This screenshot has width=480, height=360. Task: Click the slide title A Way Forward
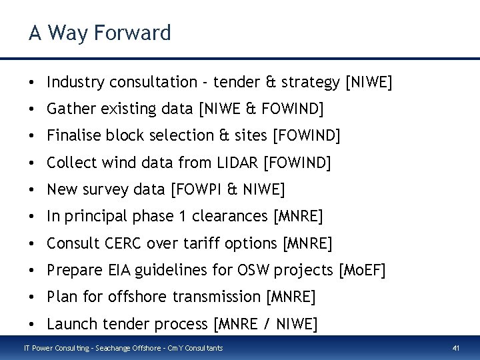pyautogui.click(x=99, y=32)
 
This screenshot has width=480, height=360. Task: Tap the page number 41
pyautogui.click(x=457, y=347)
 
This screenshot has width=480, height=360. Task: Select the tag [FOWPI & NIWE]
pyautogui.click(x=227, y=190)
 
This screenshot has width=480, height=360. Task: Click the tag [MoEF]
pyautogui.click(x=362, y=270)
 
